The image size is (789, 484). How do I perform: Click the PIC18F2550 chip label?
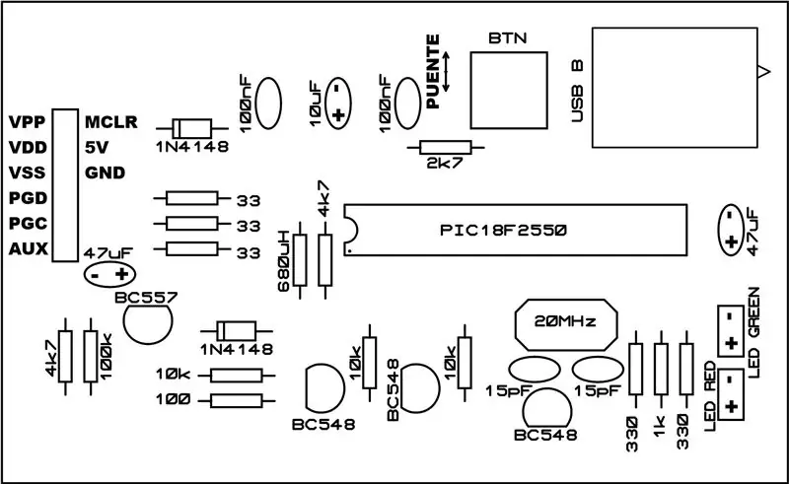503,230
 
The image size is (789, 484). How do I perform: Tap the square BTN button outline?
509,52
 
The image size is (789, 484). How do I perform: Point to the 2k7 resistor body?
446,148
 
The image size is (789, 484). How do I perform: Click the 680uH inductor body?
300,260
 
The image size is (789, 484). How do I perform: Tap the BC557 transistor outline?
147,324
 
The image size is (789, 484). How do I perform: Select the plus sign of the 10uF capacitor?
338,115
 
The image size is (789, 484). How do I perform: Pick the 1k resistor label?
660,426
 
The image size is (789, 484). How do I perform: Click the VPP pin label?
28,122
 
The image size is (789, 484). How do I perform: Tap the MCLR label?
111,122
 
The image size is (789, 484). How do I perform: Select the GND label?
106,173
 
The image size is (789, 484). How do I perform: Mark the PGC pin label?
29,224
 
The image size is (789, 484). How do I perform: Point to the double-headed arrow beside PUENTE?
446,71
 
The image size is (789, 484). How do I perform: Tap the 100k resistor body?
91,356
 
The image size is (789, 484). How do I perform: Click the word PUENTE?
433,71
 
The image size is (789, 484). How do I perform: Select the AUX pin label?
29,249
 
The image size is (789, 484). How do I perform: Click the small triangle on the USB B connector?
763,72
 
